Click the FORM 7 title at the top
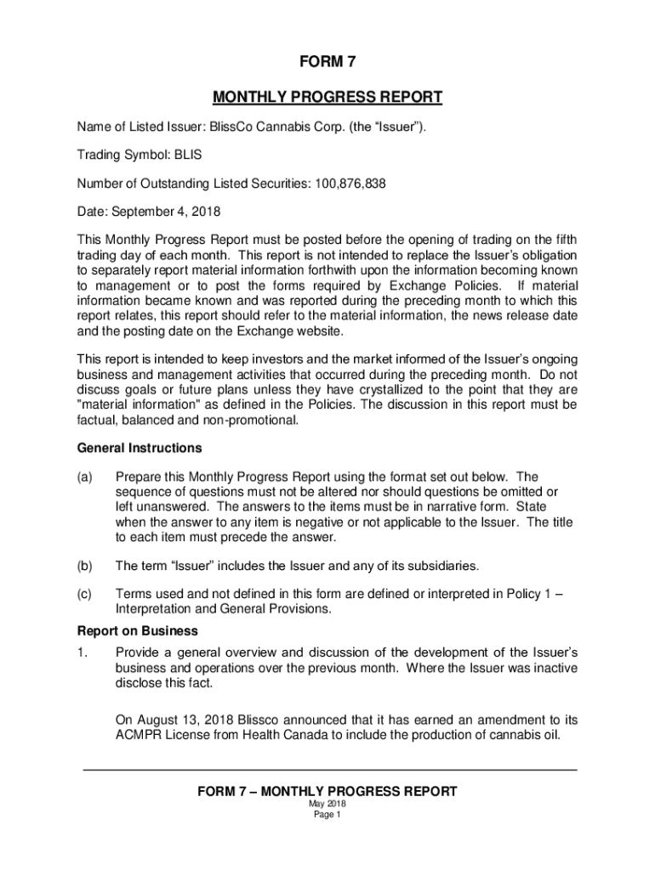[x=327, y=62]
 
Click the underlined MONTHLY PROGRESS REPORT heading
[x=327, y=97]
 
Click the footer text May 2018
[x=327, y=804]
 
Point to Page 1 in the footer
[x=327, y=815]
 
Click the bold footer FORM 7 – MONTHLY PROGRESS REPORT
[x=327, y=792]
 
